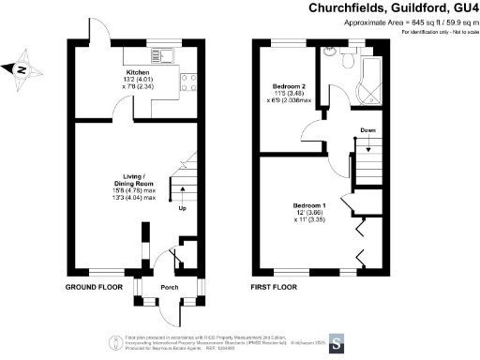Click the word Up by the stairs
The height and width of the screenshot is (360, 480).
(x=183, y=208)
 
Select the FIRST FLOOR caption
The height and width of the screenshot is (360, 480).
(x=273, y=286)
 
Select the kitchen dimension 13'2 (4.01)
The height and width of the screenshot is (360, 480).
(x=138, y=79)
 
